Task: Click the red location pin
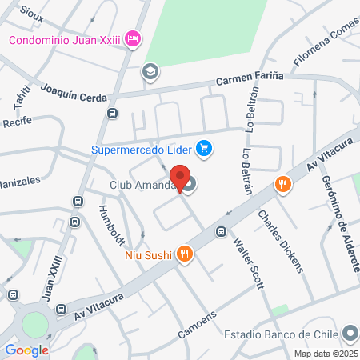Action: click(x=178, y=178)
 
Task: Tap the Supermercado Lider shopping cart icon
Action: click(x=205, y=148)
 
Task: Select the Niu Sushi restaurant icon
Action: click(x=185, y=254)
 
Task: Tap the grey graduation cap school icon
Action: click(x=150, y=72)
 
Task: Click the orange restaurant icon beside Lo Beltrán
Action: click(x=282, y=185)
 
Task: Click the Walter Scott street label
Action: click(x=247, y=259)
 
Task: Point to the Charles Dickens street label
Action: click(x=281, y=241)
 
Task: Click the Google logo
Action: click(x=26, y=350)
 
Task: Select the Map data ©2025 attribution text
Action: click(x=326, y=354)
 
